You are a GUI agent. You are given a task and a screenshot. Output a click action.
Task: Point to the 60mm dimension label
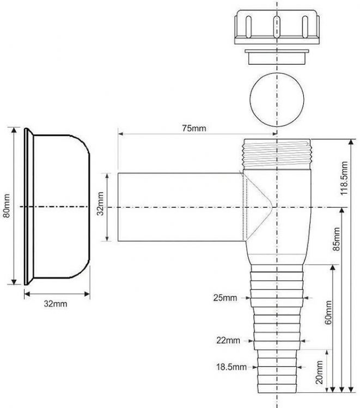coord(328,313)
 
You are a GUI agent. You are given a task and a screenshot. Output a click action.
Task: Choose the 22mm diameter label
coord(228,341)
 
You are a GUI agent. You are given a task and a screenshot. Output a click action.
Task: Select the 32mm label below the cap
coord(57,304)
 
